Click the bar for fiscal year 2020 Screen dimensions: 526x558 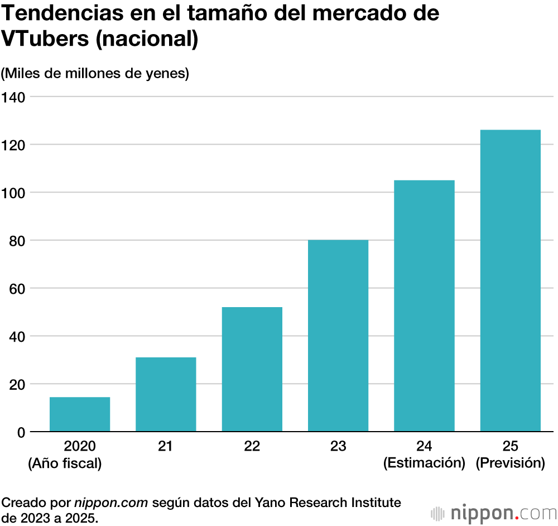(x=80, y=414)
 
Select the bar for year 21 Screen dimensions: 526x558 (x=166, y=394)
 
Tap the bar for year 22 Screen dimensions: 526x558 (x=252, y=369)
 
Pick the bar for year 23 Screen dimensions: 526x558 (x=338, y=336)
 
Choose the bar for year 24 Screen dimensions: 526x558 (x=424, y=305)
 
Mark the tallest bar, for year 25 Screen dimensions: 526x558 (x=510, y=280)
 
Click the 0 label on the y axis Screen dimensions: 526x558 (x=21, y=432)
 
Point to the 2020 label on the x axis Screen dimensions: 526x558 (x=80, y=446)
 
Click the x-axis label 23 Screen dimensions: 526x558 (x=338, y=446)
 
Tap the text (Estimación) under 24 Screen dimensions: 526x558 (x=424, y=463)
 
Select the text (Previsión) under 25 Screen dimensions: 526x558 (x=510, y=463)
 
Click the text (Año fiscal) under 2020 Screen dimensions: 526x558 (x=65, y=463)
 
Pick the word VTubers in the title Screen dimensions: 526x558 (x=46, y=40)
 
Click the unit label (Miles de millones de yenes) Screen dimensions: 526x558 (x=95, y=73)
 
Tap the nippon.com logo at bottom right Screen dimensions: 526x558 (x=493, y=513)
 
